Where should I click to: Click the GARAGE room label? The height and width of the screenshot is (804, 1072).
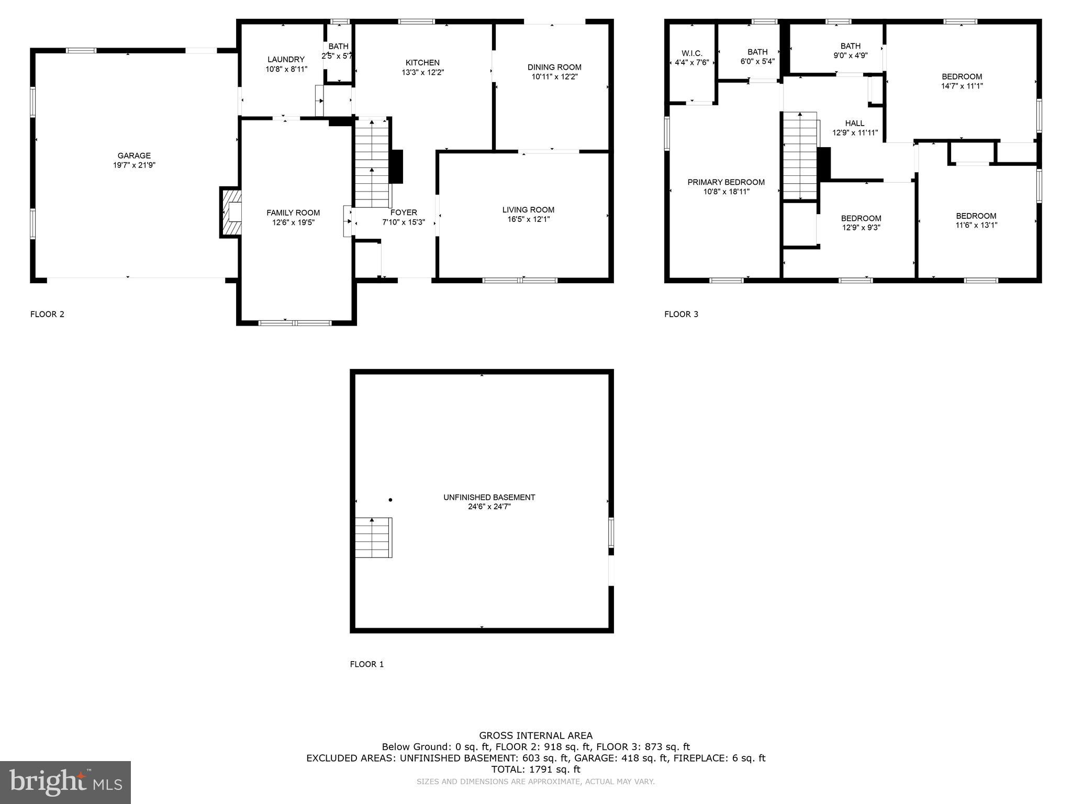click(134, 155)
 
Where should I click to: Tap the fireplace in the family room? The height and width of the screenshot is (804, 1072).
click(231, 213)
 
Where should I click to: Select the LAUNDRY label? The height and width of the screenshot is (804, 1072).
click(285, 60)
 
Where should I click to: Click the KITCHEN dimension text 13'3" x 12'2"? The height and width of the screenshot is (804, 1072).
click(422, 72)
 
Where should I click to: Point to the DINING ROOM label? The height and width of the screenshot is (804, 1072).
click(554, 67)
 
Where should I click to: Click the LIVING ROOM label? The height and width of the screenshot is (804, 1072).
click(528, 210)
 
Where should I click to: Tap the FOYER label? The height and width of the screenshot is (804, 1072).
click(403, 213)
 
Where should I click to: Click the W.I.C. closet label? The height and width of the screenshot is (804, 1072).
click(691, 53)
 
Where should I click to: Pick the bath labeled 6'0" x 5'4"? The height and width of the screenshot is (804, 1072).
click(757, 57)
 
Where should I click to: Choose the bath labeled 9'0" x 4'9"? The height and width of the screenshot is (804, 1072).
click(850, 50)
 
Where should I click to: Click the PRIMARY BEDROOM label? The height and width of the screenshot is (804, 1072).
click(725, 182)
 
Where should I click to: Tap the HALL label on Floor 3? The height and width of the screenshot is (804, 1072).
click(854, 124)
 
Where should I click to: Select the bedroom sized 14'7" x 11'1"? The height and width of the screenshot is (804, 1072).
click(962, 81)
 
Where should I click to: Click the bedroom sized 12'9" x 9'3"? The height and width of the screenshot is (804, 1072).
click(861, 223)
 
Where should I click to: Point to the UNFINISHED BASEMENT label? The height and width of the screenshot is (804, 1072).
click(489, 497)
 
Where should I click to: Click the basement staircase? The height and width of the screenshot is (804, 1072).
click(373, 538)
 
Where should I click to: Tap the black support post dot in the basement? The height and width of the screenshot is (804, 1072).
click(390, 500)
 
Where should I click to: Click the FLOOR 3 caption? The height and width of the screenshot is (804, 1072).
click(681, 314)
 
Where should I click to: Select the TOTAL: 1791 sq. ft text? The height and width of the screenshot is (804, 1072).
click(535, 769)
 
